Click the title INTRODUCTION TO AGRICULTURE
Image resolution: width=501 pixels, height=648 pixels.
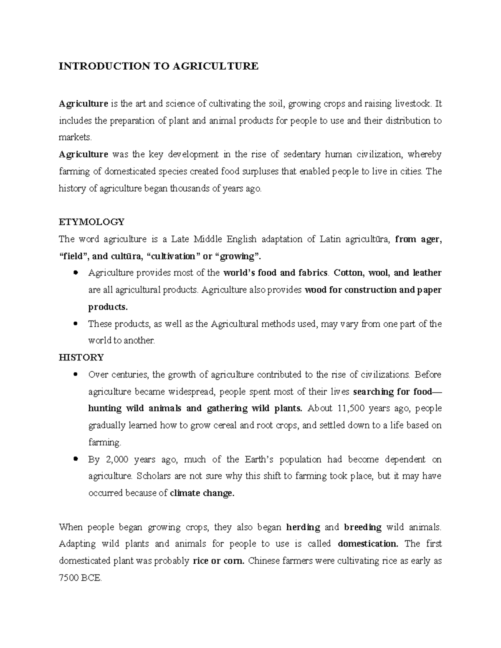coord(159,66)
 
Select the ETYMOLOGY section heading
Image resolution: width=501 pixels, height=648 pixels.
coord(92,222)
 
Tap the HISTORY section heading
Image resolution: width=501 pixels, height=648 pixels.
coord(81,358)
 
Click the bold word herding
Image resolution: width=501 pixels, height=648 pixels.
coord(303,527)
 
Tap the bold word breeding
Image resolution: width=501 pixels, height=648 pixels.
coord(363,527)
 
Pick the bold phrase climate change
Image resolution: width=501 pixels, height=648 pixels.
coord(202,493)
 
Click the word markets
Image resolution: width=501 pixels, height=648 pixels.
coord(74,138)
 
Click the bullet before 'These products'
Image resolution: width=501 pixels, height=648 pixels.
coord(76,323)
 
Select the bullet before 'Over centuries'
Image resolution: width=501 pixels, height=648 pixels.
coord(76,374)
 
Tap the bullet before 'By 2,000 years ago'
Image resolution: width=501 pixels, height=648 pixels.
coord(76,459)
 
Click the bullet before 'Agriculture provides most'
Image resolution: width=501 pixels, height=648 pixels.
coord(76,272)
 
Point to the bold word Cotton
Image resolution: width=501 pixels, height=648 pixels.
coord(349,273)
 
